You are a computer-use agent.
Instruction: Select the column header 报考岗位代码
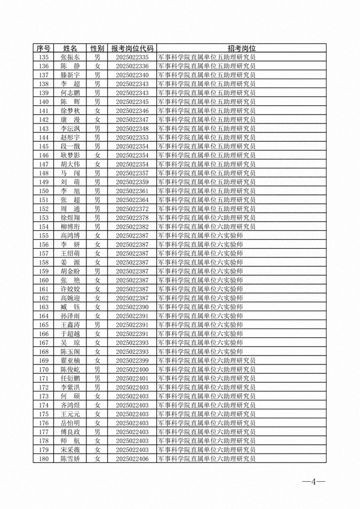click(132, 48)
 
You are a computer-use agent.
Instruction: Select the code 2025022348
click(132, 128)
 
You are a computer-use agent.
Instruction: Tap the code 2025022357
click(132, 173)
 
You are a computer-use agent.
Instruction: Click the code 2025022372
click(132, 209)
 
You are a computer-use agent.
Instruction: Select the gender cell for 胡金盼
click(97, 271)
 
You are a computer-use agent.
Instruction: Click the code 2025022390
click(132, 307)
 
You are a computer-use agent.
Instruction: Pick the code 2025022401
click(132, 378)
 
